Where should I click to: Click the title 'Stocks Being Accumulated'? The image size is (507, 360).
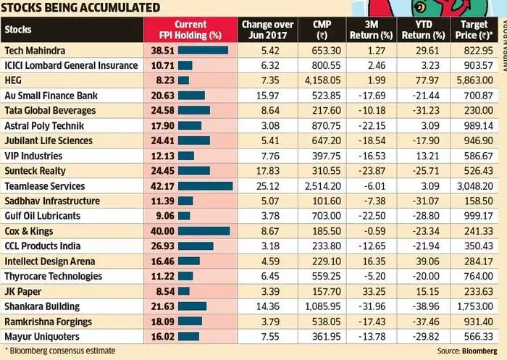tap(80, 8)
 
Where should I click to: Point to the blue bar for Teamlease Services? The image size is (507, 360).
tap(205, 185)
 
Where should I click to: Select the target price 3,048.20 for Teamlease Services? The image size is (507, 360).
tap(474, 185)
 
